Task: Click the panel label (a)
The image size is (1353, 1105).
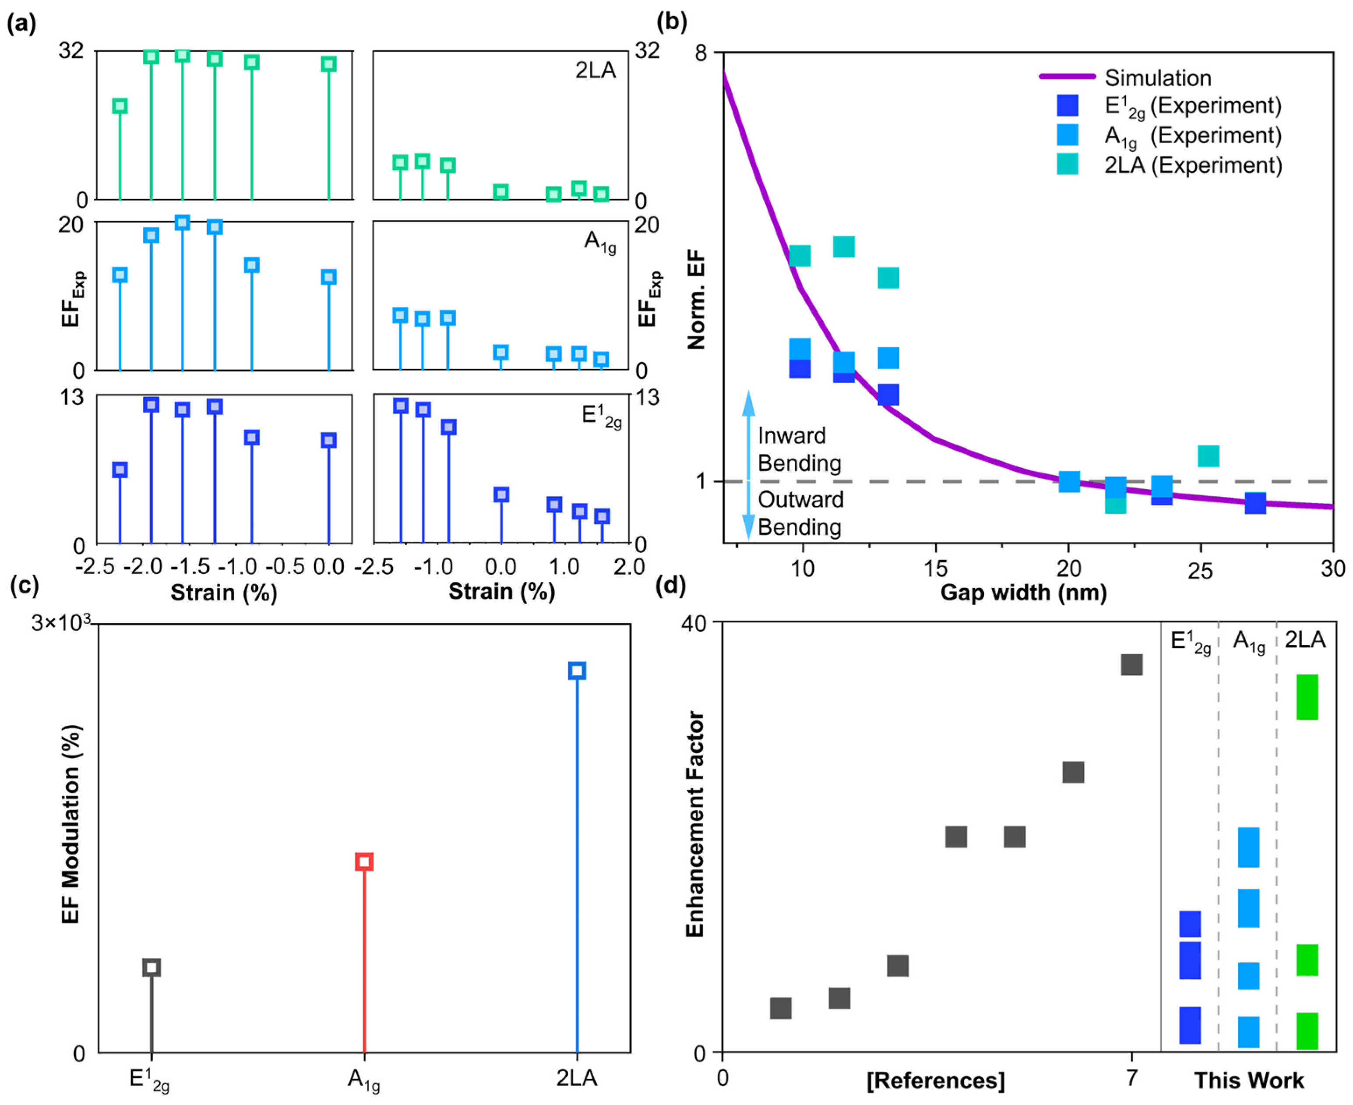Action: [21, 24]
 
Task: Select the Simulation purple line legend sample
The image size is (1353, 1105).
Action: [1067, 77]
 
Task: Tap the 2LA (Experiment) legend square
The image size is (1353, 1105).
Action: [1067, 165]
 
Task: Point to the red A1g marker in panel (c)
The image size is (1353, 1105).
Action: [363, 862]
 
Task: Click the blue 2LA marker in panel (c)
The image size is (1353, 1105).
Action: [577, 670]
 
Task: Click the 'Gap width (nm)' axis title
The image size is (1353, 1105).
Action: [1023, 593]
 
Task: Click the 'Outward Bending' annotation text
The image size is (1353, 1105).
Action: [800, 513]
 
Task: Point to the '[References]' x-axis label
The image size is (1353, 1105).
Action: [936, 1080]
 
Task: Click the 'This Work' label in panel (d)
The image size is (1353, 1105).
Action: [1249, 1080]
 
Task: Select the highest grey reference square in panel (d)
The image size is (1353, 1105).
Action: [1131, 664]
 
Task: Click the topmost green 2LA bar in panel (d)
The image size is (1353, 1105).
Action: [1307, 697]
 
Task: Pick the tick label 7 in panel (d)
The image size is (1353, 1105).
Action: [1131, 1077]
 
